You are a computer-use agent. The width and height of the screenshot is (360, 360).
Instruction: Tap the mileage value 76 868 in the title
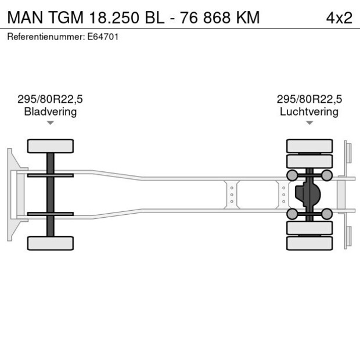(x=206, y=17)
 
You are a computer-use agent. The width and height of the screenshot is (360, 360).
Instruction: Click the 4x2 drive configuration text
(x=339, y=17)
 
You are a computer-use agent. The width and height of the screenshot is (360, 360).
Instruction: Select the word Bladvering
(x=51, y=111)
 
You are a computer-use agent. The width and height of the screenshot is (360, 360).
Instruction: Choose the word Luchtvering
(x=309, y=111)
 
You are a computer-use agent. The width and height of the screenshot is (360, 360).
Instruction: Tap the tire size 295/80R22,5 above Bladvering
(x=51, y=99)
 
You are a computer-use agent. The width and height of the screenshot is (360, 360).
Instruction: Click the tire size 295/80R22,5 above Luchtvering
(x=309, y=99)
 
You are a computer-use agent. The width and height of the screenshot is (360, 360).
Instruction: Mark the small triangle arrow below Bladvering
(x=51, y=123)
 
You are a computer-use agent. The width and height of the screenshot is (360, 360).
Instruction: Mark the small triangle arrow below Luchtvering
(x=309, y=123)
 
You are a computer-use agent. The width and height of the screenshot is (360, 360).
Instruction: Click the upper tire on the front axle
(x=51, y=146)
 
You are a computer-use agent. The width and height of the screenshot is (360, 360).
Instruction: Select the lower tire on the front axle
(x=51, y=243)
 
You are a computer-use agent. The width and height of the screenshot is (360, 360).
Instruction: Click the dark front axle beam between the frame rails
(x=51, y=194)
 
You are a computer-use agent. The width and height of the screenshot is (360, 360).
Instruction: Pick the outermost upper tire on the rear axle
(x=309, y=145)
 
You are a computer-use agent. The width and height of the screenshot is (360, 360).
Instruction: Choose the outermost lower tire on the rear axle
(x=309, y=243)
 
